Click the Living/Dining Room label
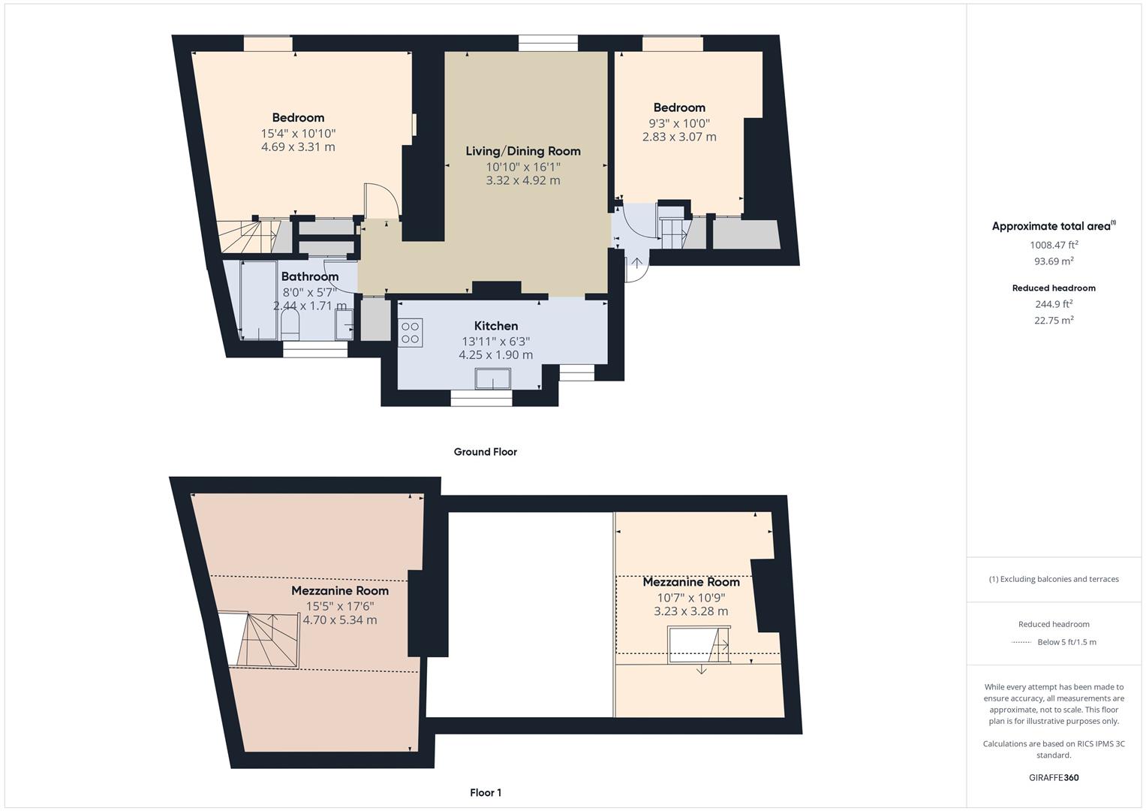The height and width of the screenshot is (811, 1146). (522, 151)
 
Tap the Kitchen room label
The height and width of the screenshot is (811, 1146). (495, 326)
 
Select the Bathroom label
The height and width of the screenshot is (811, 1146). (309, 276)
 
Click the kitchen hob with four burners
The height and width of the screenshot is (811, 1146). (411, 333)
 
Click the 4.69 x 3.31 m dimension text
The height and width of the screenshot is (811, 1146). (298, 147)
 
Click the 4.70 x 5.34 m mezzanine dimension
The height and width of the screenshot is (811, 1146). (339, 620)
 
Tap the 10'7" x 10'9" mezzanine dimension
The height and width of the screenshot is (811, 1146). (690, 598)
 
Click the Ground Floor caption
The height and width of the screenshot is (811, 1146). (485, 452)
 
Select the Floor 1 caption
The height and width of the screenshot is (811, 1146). (485, 793)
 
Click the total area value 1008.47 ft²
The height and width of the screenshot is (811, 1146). (1053, 245)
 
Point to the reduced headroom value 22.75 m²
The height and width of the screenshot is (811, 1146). (1053, 320)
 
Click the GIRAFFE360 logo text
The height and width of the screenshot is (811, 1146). (1053, 778)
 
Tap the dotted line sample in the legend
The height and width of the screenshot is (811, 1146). (1021, 643)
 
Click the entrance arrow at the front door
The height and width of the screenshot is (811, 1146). (637, 263)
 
